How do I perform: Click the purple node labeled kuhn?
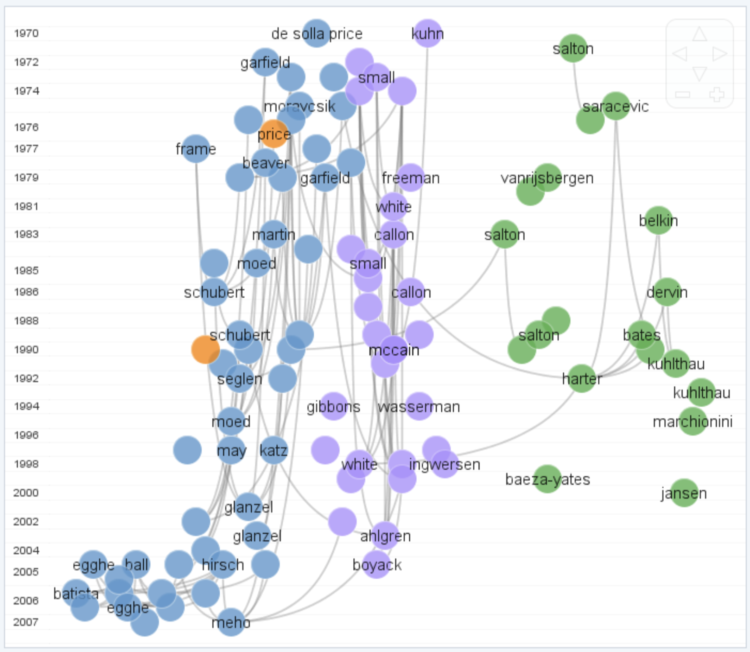(x=427, y=33)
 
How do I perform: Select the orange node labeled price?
(x=273, y=134)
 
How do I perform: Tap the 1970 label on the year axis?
(x=26, y=33)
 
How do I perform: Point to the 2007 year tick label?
(x=26, y=622)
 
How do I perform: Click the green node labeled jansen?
(x=684, y=492)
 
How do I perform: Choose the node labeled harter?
(x=581, y=378)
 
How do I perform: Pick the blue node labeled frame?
(x=196, y=149)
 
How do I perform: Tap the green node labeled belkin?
(x=658, y=220)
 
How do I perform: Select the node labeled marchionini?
(x=693, y=421)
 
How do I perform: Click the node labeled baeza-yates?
(x=547, y=479)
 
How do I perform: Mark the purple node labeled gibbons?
(x=333, y=406)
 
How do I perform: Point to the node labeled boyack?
(x=376, y=564)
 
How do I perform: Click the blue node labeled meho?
(x=230, y=621)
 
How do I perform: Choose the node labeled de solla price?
(x=316, y=33)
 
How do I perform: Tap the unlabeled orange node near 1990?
(x=205, y=350)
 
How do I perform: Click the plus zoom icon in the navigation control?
(x=717, y=95)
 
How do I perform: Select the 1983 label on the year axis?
(x=26, y=234)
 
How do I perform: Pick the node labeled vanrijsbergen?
(x=547, y=177)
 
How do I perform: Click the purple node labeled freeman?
(x=410, y=177)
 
